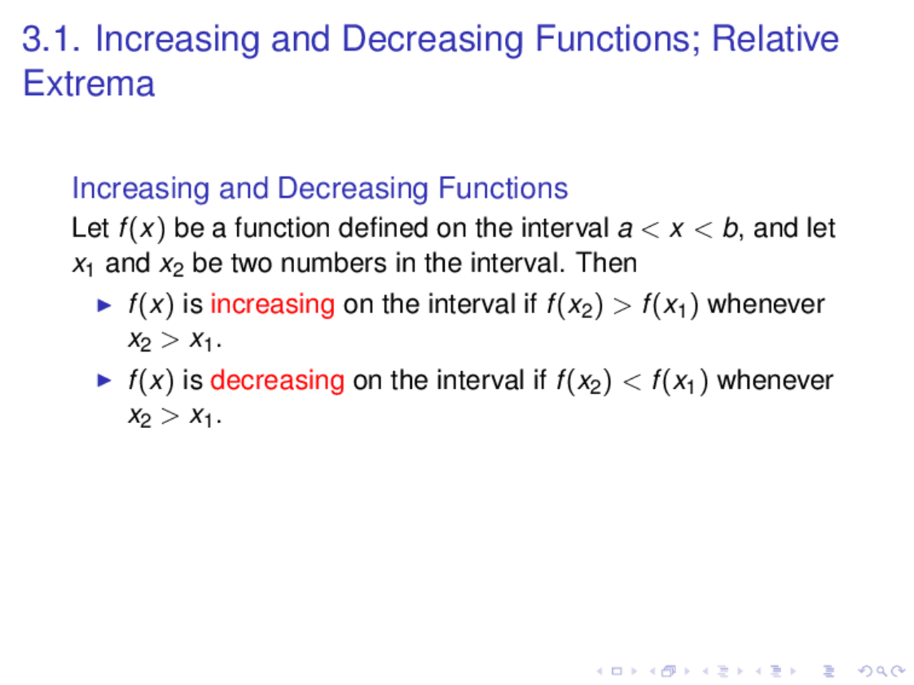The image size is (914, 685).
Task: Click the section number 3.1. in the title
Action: tap(51, 39)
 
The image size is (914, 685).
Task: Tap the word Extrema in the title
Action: tap(89, 83)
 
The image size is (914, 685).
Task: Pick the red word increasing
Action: tap(272, 305)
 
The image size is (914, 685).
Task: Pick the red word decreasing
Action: tap(277, 380)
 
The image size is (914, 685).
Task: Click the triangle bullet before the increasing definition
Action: tap(105, 305)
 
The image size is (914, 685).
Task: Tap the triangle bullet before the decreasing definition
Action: tap(105, 380)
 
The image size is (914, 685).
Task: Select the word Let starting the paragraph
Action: tap(89, 228)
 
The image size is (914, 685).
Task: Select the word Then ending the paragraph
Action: tap(606, 263)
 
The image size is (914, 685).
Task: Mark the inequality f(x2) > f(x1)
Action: tap(621, 305)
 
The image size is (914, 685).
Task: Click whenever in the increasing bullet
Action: tap(765, 305)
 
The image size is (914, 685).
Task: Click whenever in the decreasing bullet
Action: tap(775, 380)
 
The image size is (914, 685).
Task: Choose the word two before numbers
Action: tap(252, 263)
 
